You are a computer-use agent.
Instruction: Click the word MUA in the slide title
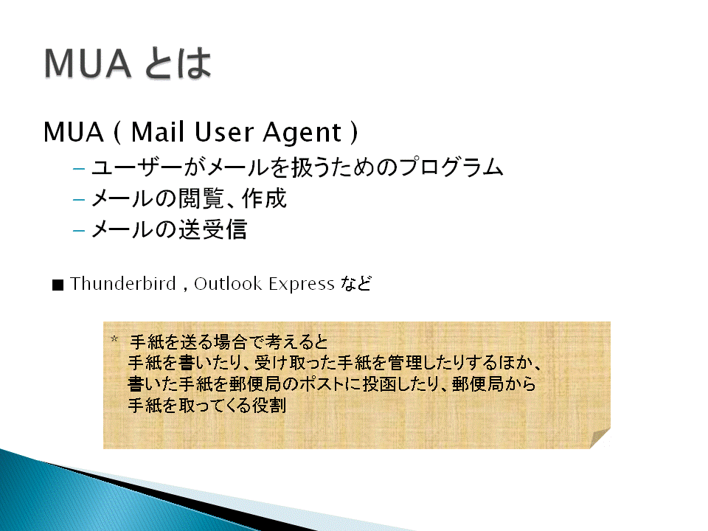88,63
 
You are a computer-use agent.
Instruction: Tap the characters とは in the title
178,63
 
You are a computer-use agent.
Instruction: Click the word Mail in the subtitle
158,132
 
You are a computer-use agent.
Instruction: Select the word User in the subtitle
224,132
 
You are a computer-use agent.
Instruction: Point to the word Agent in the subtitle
302,133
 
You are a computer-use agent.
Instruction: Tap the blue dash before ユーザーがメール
79,169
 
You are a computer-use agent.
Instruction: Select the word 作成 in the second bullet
264,198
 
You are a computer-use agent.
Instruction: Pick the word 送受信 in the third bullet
212,229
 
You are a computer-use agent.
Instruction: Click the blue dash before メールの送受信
79,231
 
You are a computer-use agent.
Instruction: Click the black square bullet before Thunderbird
58,285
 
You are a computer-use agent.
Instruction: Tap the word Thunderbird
123,283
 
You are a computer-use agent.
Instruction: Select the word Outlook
228,283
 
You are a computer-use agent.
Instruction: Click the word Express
302,285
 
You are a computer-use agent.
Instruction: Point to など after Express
355,283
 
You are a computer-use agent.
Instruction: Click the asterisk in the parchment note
115,339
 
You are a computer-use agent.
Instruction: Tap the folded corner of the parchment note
600,439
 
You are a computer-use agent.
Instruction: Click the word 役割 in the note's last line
269,405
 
